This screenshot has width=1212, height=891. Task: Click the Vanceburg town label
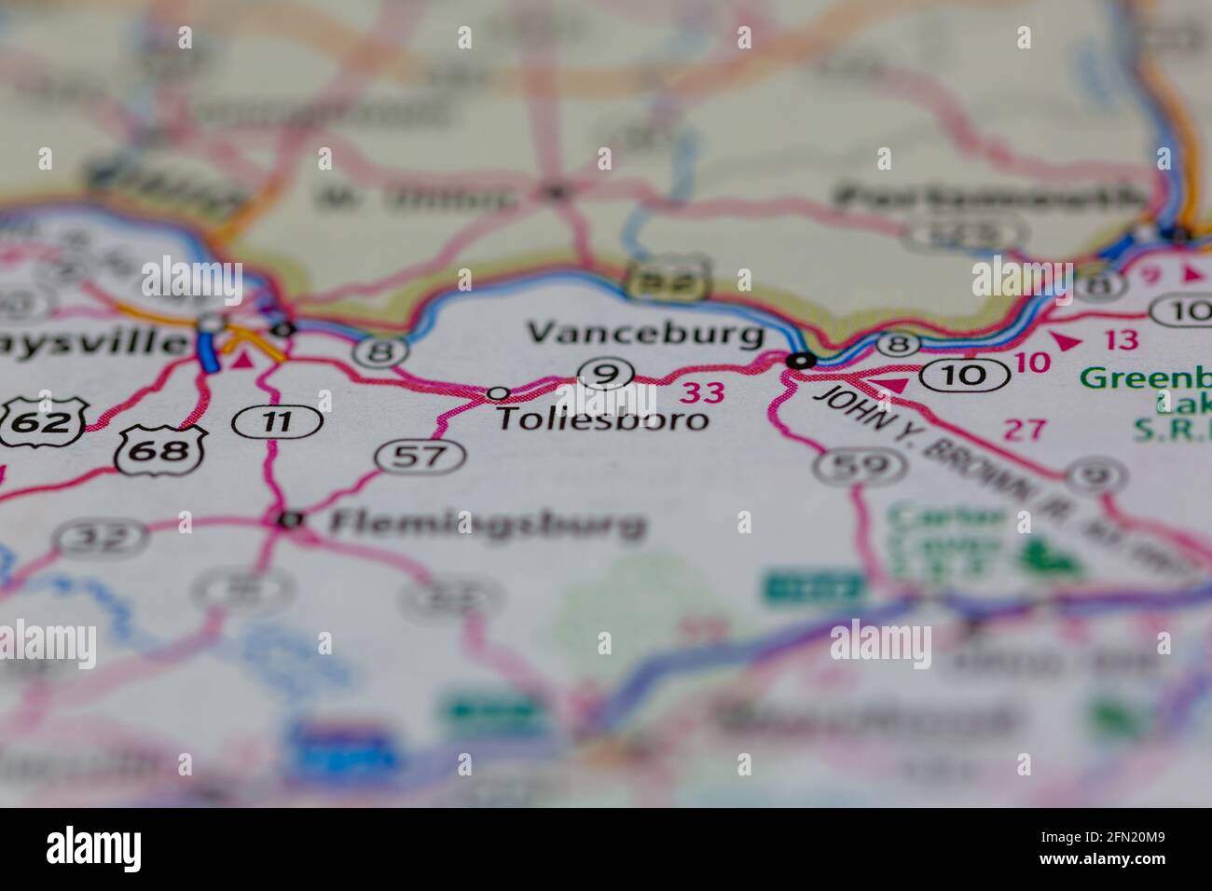tap(645, 333)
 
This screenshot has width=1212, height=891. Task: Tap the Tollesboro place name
tap(601, 419)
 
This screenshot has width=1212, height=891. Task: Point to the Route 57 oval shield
tap(420, 456)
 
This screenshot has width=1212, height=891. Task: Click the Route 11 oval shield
tap(277, 421)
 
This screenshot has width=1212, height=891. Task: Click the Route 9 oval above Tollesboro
tap(607, 375)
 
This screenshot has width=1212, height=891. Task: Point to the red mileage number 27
tap(1026, 430)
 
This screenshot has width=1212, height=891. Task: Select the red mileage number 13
tap(1125, 341)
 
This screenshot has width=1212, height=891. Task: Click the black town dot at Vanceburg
tap(799, 360)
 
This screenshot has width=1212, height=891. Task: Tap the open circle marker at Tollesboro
tap(499, 393)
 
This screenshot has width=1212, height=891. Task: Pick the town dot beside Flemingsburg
tap(292, 520)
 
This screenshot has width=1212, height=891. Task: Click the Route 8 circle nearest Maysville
tap(381, 352)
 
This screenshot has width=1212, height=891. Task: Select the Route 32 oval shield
tap(100, 537)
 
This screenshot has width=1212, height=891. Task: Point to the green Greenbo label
tap(1147, 379)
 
